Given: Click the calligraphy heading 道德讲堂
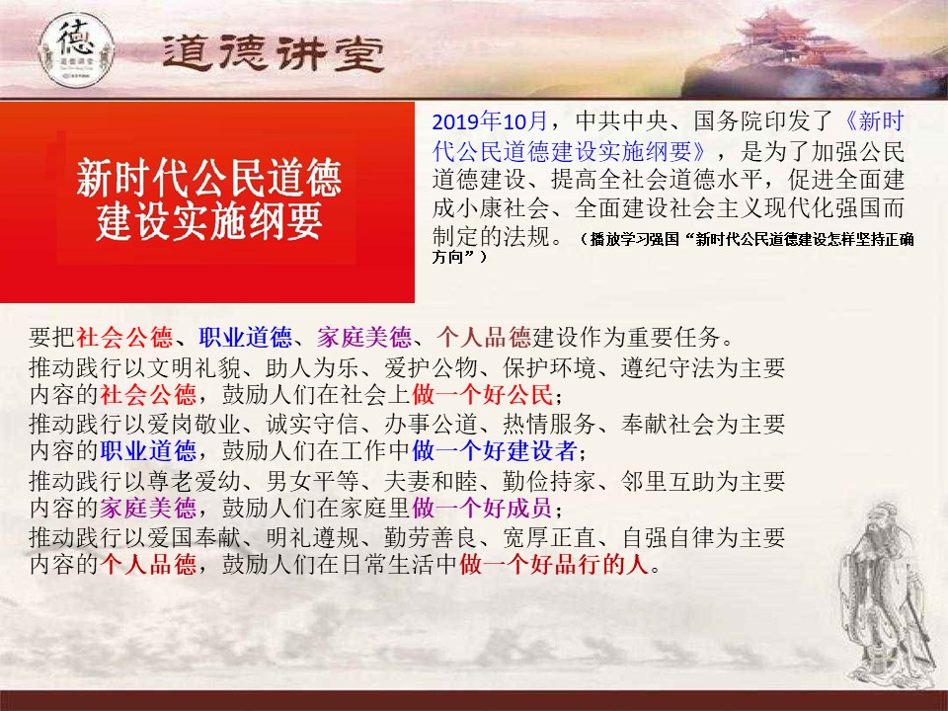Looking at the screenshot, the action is tap(274, 53).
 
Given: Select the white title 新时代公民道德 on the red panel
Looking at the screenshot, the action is tap(209, 179).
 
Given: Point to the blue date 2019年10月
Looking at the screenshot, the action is tap(490, 121).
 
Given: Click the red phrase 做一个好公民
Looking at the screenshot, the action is tap(483, 395).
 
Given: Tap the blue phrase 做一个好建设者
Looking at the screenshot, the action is tap(495, 451).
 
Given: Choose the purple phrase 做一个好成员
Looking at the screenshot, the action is tap(483, 508).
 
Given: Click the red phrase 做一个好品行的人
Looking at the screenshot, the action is tap(554, 564).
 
